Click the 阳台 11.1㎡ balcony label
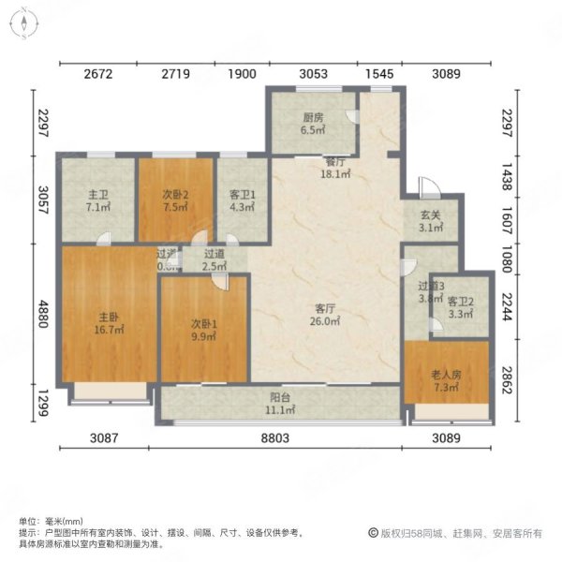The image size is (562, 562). [280, 404]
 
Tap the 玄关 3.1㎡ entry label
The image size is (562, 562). [430, 221]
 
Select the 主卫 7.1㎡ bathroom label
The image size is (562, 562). [97, 201]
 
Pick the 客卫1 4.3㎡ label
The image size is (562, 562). [242, 201]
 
